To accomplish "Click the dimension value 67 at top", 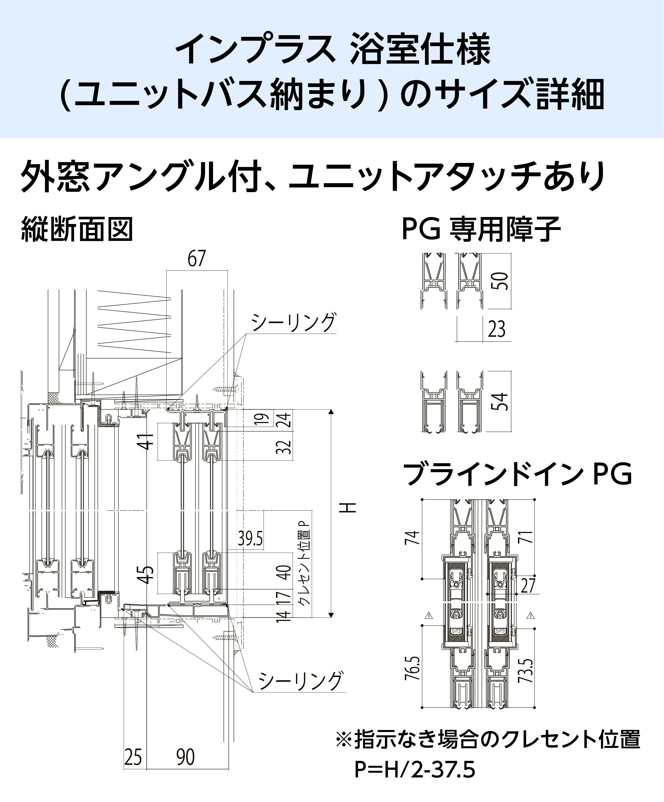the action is tap(197, 258).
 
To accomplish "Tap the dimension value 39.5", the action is tap(250, 539).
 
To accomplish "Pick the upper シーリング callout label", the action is tap(293, 322).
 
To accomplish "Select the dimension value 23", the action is tap(496, 329).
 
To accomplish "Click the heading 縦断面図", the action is tap(77, 230).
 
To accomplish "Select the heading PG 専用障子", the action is tap(481, 230).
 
